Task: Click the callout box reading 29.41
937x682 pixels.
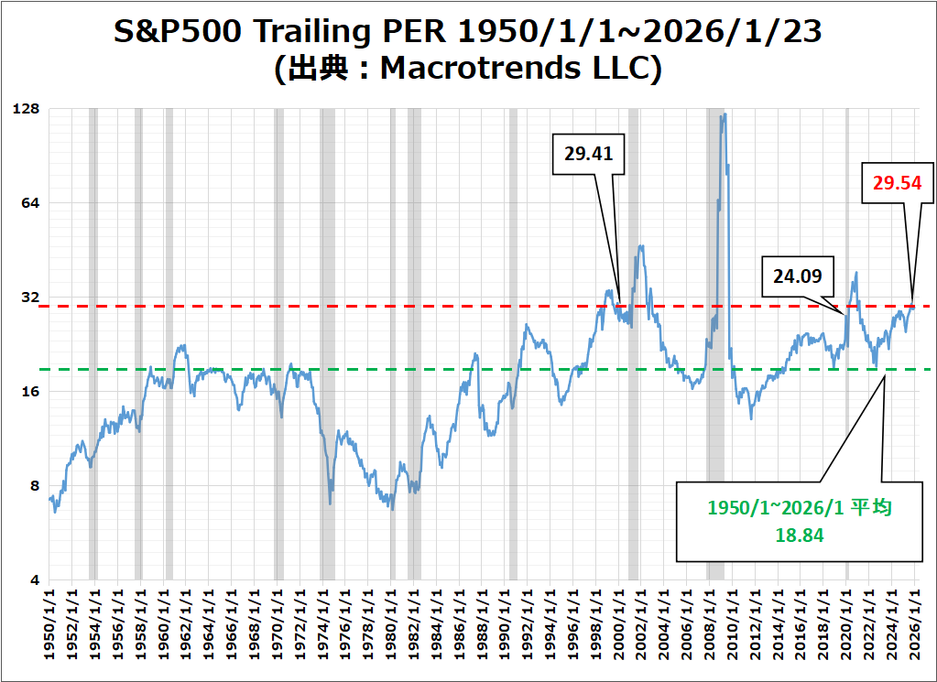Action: (588, 154)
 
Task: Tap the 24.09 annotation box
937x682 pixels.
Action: (797, 275)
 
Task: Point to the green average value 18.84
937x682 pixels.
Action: (800, 536)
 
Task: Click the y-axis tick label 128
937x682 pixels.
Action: (27, 109)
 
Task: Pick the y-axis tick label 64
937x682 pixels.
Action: (32, 203)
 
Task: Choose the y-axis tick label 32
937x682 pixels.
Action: (32, 298)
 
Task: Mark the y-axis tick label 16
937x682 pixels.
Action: (32, 392)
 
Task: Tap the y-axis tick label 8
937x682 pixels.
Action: (36, 486)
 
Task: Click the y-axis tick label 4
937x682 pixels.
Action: (36, 580)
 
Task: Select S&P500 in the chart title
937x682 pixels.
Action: (175, 32)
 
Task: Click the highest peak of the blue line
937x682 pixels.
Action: (724, 114)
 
